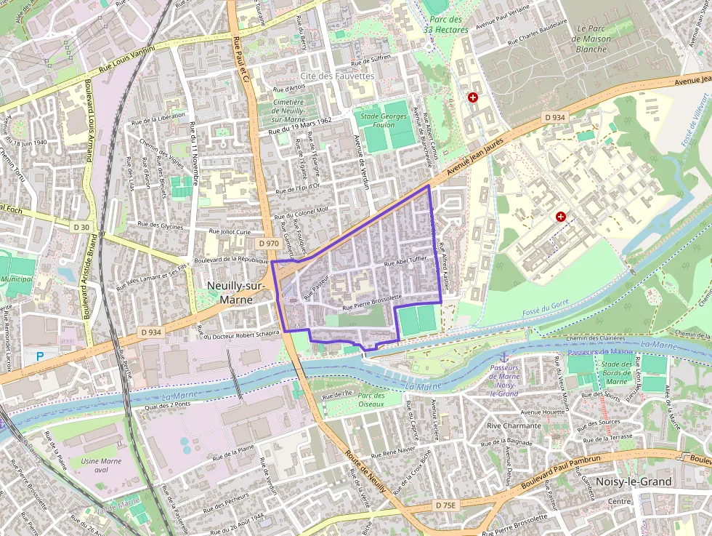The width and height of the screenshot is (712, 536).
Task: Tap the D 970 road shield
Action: point(268,244)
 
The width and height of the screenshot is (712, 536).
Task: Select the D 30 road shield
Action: point(82,228)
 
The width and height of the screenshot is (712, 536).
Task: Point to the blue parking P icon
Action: point(40,356)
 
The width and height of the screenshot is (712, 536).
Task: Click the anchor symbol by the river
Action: point(503,357)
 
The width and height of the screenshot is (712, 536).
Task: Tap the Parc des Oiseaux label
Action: point(371,399)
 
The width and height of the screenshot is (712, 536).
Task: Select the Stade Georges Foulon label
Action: point(384,119)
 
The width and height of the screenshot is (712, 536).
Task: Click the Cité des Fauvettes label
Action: point(336,76)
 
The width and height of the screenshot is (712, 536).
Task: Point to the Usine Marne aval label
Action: point(101,465)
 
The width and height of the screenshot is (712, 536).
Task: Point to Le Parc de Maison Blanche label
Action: point(591,39)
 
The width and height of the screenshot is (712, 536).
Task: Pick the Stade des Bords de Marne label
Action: point(616,372)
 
